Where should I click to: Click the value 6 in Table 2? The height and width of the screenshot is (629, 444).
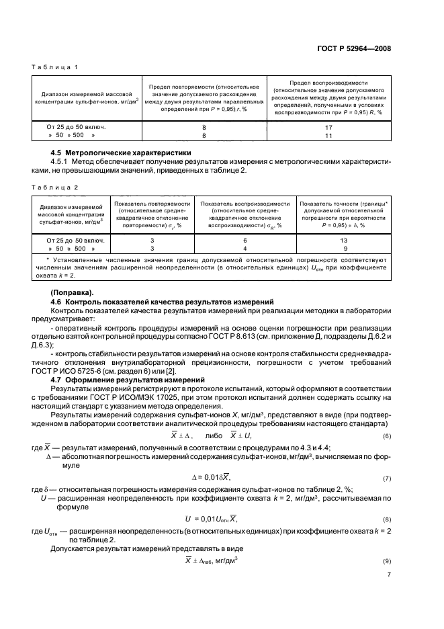(x=245, y=241)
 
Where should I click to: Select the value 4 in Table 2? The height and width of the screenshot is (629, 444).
(x=245, y=248)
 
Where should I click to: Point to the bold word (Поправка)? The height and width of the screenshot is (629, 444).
(x=71, y=293)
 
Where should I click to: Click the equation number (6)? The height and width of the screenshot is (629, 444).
(x=386, y=437)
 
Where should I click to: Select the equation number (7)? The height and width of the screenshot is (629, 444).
(x=386, y=479)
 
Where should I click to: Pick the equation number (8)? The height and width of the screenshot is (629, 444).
(x=386, y=520)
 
